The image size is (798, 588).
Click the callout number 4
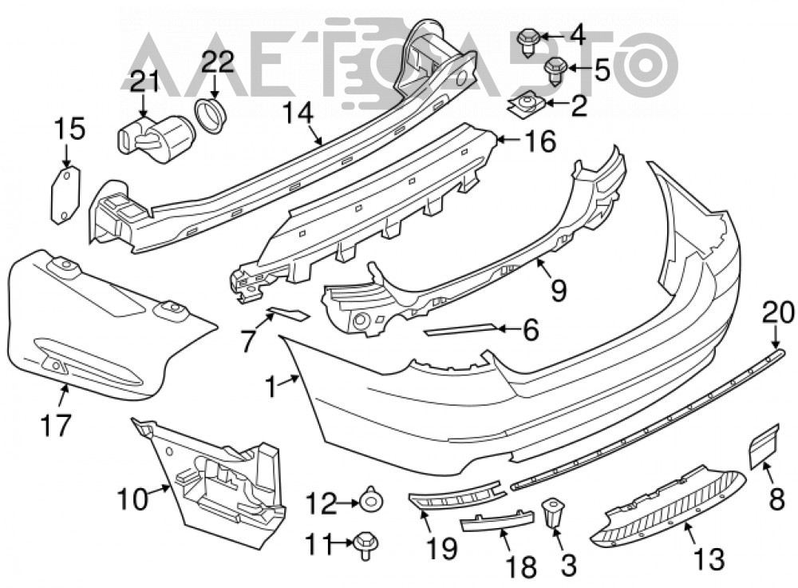pyautogui.click(x=578, y=36)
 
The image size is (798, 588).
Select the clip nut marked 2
pyautogui.click(x=525, y=105)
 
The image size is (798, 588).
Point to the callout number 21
pyautogui.click(x=144, y=82)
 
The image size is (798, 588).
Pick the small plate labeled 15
pyautogui.click(x=65, y=195)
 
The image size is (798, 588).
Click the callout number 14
pyautogui.click(x=298, y=112)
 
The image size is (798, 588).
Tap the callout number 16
pyautogui.click(x=540, y=141)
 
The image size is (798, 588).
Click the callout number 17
pyautogui.click(x=56, y=425)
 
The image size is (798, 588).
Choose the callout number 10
pyautogui.click(x=132, y=499)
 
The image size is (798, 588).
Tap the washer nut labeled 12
pyautogui.click(x=372, y=502)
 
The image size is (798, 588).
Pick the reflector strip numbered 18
pyautogui.click(x=497, y=522)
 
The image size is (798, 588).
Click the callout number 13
pyautogui.click(x=709, y=559)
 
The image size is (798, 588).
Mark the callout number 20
pyautogui.click(x=778, y=312)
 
